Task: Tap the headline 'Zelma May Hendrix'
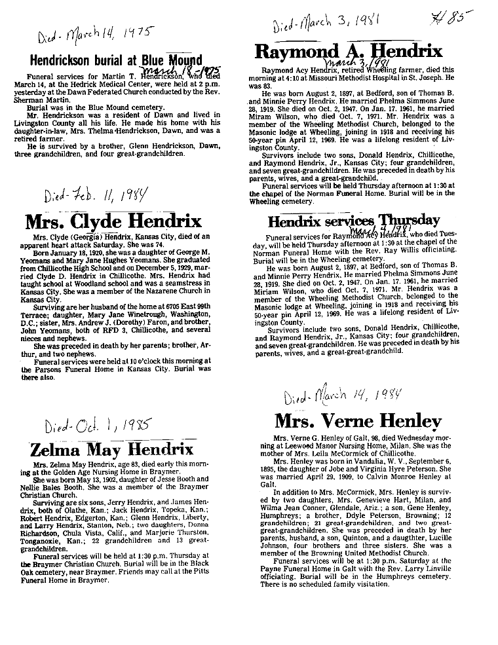[x=112, y=449]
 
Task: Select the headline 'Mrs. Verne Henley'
[x=358, y=420]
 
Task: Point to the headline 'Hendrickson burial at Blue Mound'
[x=117, y=61]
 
